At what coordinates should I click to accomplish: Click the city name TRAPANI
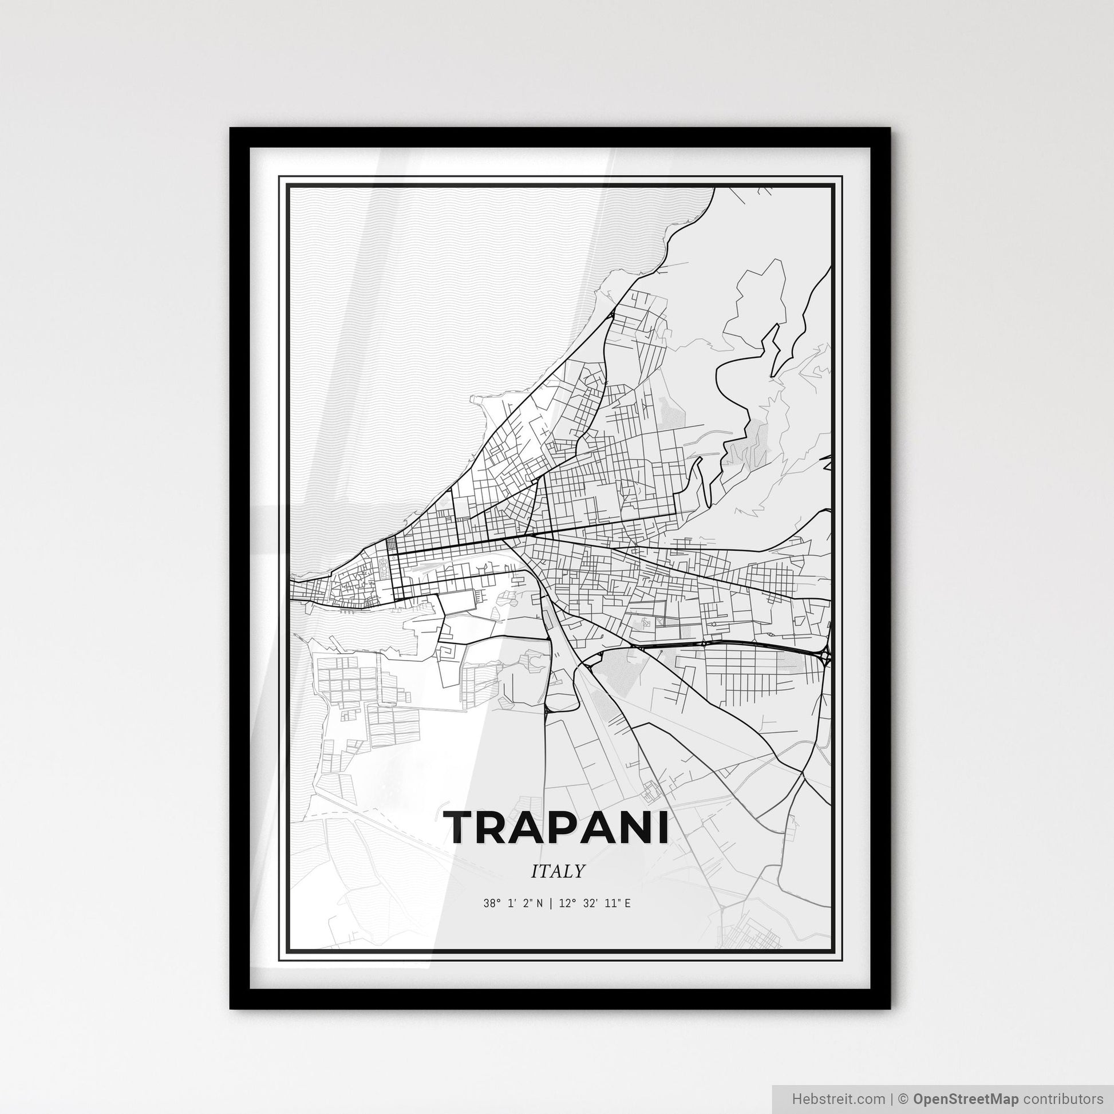click(557, 826)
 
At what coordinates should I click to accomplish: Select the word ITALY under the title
click(558, 871)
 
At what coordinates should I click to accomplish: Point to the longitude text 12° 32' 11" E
click(594, 903)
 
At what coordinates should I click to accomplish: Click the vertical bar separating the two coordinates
click(551, 903)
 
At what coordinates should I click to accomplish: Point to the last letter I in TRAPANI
click(662, 826)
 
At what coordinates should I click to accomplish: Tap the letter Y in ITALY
click(579, 871)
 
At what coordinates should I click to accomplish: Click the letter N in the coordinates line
click(539, 903)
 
